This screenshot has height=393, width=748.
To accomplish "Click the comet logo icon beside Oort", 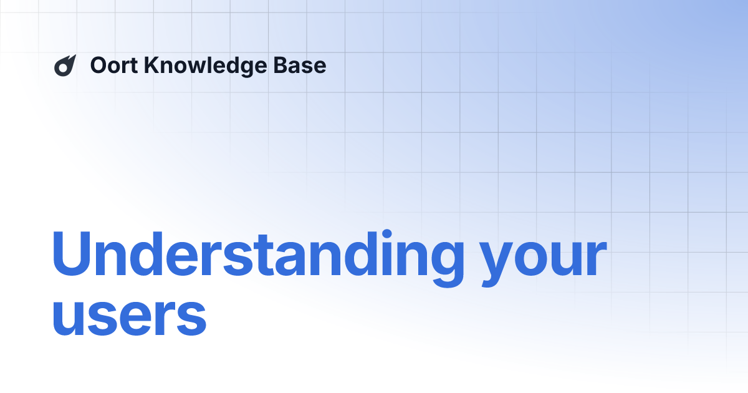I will click(65, 65).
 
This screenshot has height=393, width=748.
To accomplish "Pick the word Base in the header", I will click(304, 65).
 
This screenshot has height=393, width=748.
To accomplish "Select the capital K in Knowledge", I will click(151, 65).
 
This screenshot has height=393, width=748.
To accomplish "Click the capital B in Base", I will click(286, 65).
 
